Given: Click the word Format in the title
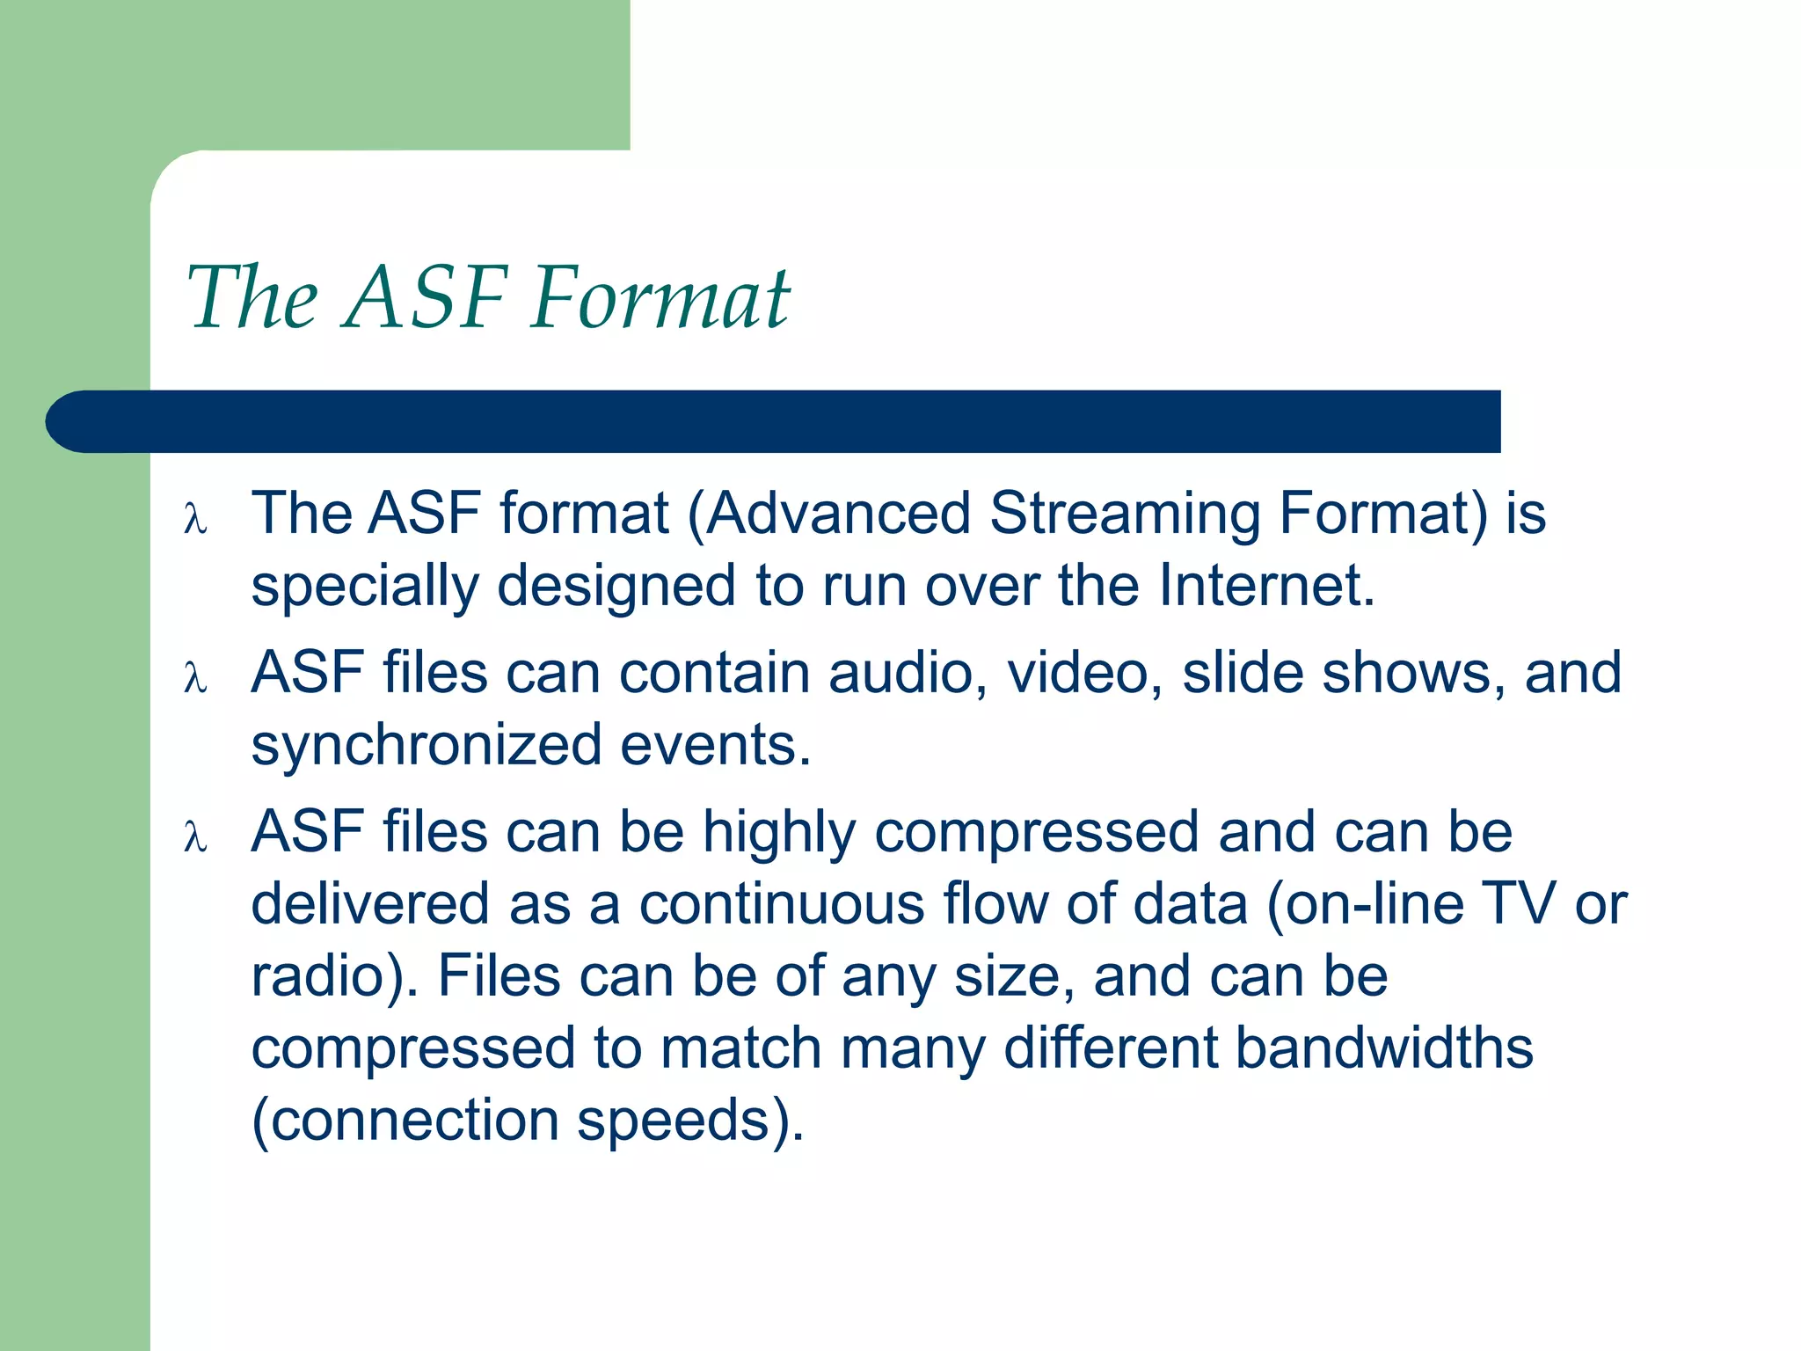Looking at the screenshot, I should pos(661,299).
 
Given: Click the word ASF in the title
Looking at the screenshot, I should pos(426,299).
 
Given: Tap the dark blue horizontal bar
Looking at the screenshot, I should pos(774,421).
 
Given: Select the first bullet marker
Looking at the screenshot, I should pos(195,518).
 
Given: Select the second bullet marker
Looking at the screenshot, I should pos(195,678).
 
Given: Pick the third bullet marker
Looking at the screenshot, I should pos(195,837).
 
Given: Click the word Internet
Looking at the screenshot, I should pos(1266,586).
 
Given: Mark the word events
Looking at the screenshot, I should pos(715,746).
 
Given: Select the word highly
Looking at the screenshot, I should pos(779,834).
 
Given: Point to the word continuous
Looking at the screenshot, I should pos(781,905).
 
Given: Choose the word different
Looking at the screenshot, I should pos(1110,1048).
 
